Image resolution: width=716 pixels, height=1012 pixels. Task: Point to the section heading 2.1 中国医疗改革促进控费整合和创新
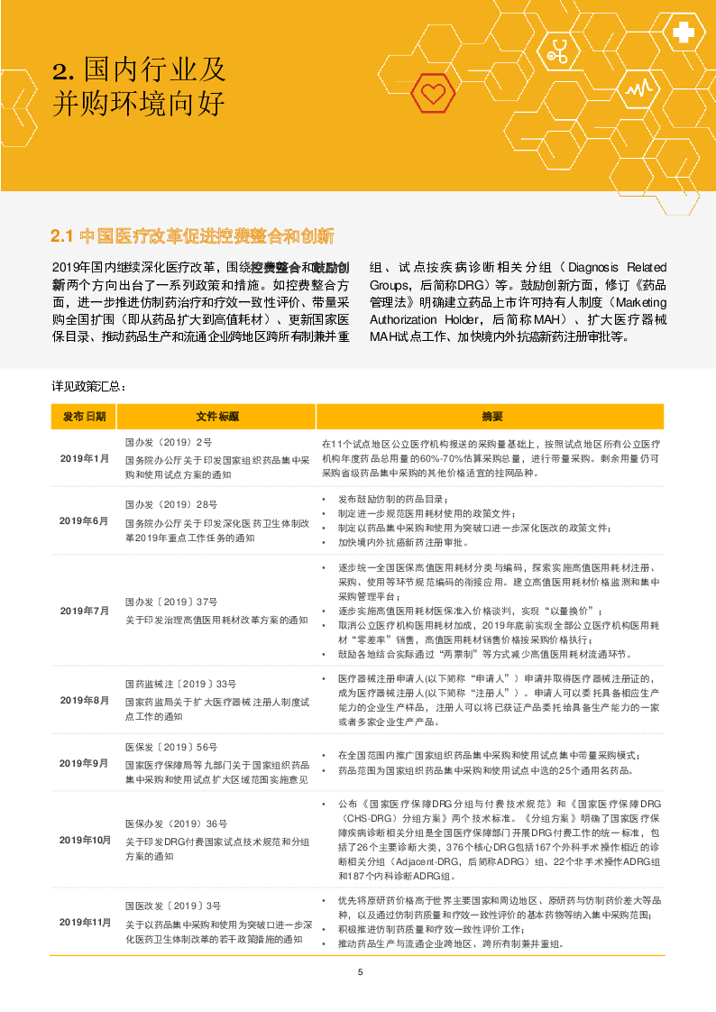click(x=193, y=237)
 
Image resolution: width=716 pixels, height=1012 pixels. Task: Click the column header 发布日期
click(x=84, y=417)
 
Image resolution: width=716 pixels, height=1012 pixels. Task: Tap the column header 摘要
click(x=492, y=417)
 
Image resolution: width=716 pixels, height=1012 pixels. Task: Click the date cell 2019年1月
click(x=84, y=458)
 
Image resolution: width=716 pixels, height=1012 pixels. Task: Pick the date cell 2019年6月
click(x=84, y=521)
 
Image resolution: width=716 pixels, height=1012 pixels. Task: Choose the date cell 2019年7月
click(x=84, y=611)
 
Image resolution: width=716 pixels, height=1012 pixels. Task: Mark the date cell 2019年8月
click(x=84, y=700)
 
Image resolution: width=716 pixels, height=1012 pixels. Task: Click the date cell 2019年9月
click(x=84, y=763)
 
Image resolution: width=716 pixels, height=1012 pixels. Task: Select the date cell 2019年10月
click(x=84, y=840)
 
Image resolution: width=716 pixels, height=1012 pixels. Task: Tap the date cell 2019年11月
click(x=84, y=922)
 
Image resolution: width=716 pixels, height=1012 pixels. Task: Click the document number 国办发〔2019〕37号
click(x=171, y=602)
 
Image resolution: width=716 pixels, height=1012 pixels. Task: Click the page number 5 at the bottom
click(x=360, y=972)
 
